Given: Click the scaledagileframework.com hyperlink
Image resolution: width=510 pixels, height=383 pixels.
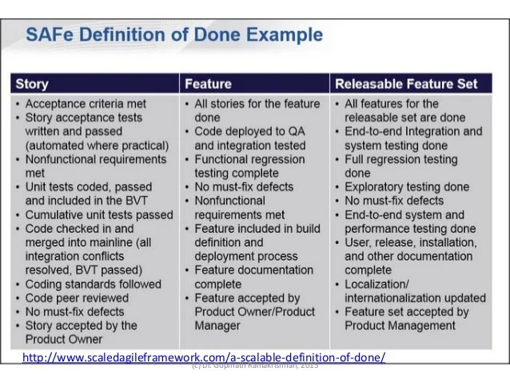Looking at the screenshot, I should [204, 357].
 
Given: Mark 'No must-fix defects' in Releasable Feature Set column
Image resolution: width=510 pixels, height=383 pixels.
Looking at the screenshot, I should [400, 200].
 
